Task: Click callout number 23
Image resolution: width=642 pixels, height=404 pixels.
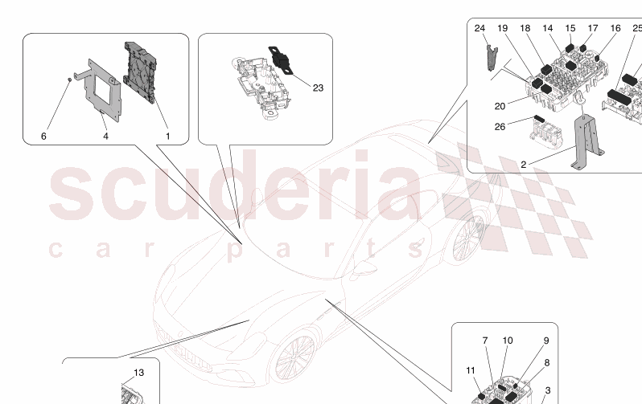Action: [x=318, y=87]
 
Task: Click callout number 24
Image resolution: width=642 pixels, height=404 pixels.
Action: [x=479, y=29]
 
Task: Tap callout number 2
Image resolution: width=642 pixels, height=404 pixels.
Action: [x=523, y=165]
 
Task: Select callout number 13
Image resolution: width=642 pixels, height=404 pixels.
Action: [x=139, y=373]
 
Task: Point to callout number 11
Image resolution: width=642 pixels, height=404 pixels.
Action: [x=471, y=370]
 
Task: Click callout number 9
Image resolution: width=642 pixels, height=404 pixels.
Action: [x=545, y=341]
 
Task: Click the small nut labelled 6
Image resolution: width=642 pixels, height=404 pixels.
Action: [x=71, y=79]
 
